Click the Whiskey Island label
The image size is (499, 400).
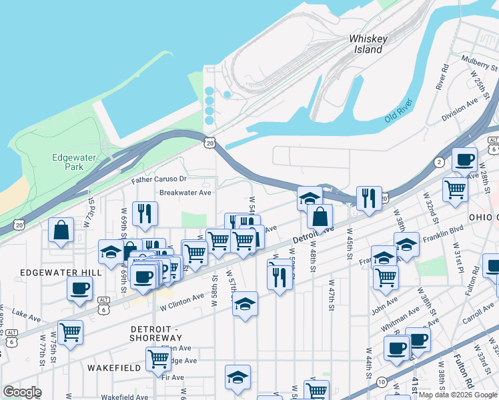click(368, 44)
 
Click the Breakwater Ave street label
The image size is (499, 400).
click(185, 193)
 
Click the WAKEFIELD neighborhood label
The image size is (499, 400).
click(113, 367)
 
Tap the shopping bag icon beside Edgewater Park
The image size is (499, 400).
click(61, 230)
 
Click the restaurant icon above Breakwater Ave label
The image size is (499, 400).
click(145, 213)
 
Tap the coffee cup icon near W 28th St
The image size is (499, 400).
click(465, 160)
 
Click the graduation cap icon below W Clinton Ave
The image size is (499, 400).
click(245, 304)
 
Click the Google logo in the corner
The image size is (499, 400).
click(22, 392)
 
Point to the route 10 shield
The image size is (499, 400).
click(381, 382)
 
